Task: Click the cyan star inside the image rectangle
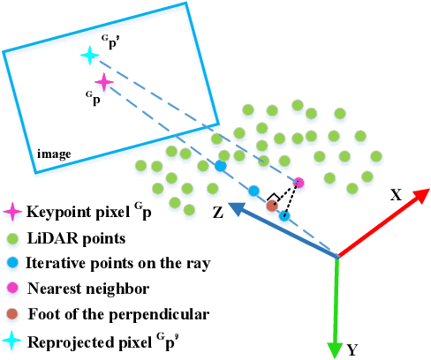point(88,56)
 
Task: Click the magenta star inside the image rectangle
point(104,83)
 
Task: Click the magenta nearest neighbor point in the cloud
point(299,183)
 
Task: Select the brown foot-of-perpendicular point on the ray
point(272,206)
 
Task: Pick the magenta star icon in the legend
point(12,212)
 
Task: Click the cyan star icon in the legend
point(12,340)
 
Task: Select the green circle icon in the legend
point(12,238)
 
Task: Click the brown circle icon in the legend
point(12,313)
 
